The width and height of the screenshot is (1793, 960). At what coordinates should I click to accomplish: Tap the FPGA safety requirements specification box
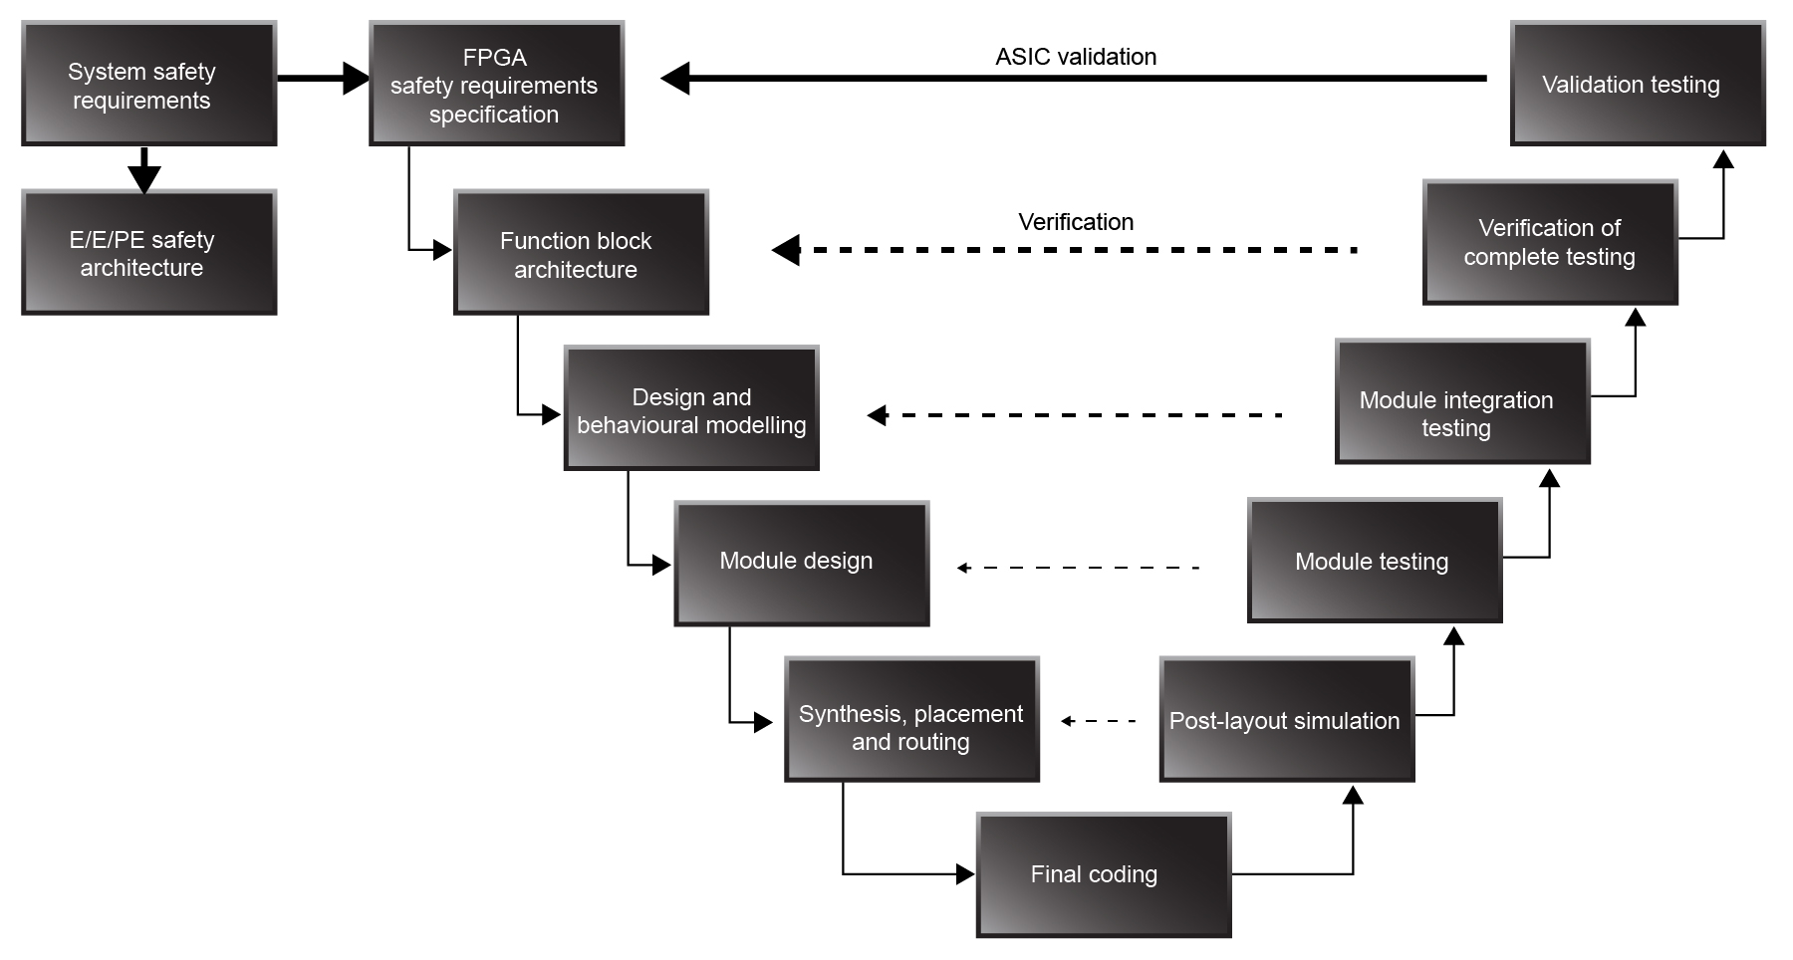(x=496, y=85)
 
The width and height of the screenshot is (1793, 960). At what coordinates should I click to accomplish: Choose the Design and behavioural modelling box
(x=691, y=409)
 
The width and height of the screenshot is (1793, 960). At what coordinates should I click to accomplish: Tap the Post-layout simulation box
(x=1286, y=720)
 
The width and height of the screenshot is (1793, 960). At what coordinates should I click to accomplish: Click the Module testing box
(x=1374, y=562)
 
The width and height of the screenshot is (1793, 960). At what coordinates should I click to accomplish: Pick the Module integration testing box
(x=1461, y=402)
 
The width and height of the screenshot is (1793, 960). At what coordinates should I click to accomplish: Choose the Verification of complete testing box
(x=1550, y=243)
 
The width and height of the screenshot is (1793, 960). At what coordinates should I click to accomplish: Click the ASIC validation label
(x=1076, y=57)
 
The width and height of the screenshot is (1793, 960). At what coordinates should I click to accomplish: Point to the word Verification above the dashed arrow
(x=1076, y=222)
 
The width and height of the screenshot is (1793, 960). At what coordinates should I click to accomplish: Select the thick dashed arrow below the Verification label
(x=1066, y=250)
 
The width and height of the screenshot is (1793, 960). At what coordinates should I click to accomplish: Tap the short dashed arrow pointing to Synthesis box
(x=1099, y=721)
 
